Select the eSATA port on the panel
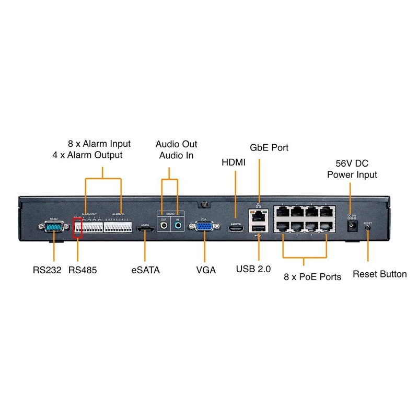[x=145, y=228]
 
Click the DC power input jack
[x=352, y=225]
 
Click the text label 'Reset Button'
[x=379, y=274]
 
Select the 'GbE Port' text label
[x=269, y=148]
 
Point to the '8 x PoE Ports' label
[x=312, y=277]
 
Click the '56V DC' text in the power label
[x=352, y=162]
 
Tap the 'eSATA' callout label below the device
[x=145, y=270]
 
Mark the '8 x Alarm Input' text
[x=99, y=144]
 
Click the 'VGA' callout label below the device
[x=206, y=270]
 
